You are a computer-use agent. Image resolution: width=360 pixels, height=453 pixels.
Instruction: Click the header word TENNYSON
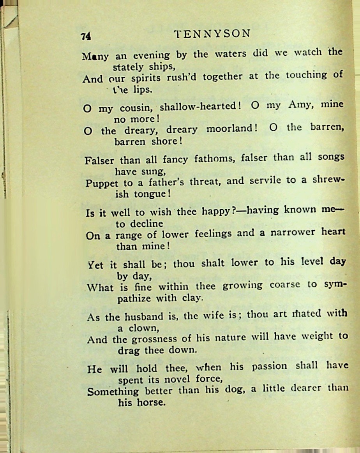point(212,33)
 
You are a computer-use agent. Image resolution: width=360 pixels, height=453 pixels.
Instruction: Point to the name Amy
point(299,104)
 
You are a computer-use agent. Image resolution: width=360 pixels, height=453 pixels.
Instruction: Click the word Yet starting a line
point(96,265)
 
